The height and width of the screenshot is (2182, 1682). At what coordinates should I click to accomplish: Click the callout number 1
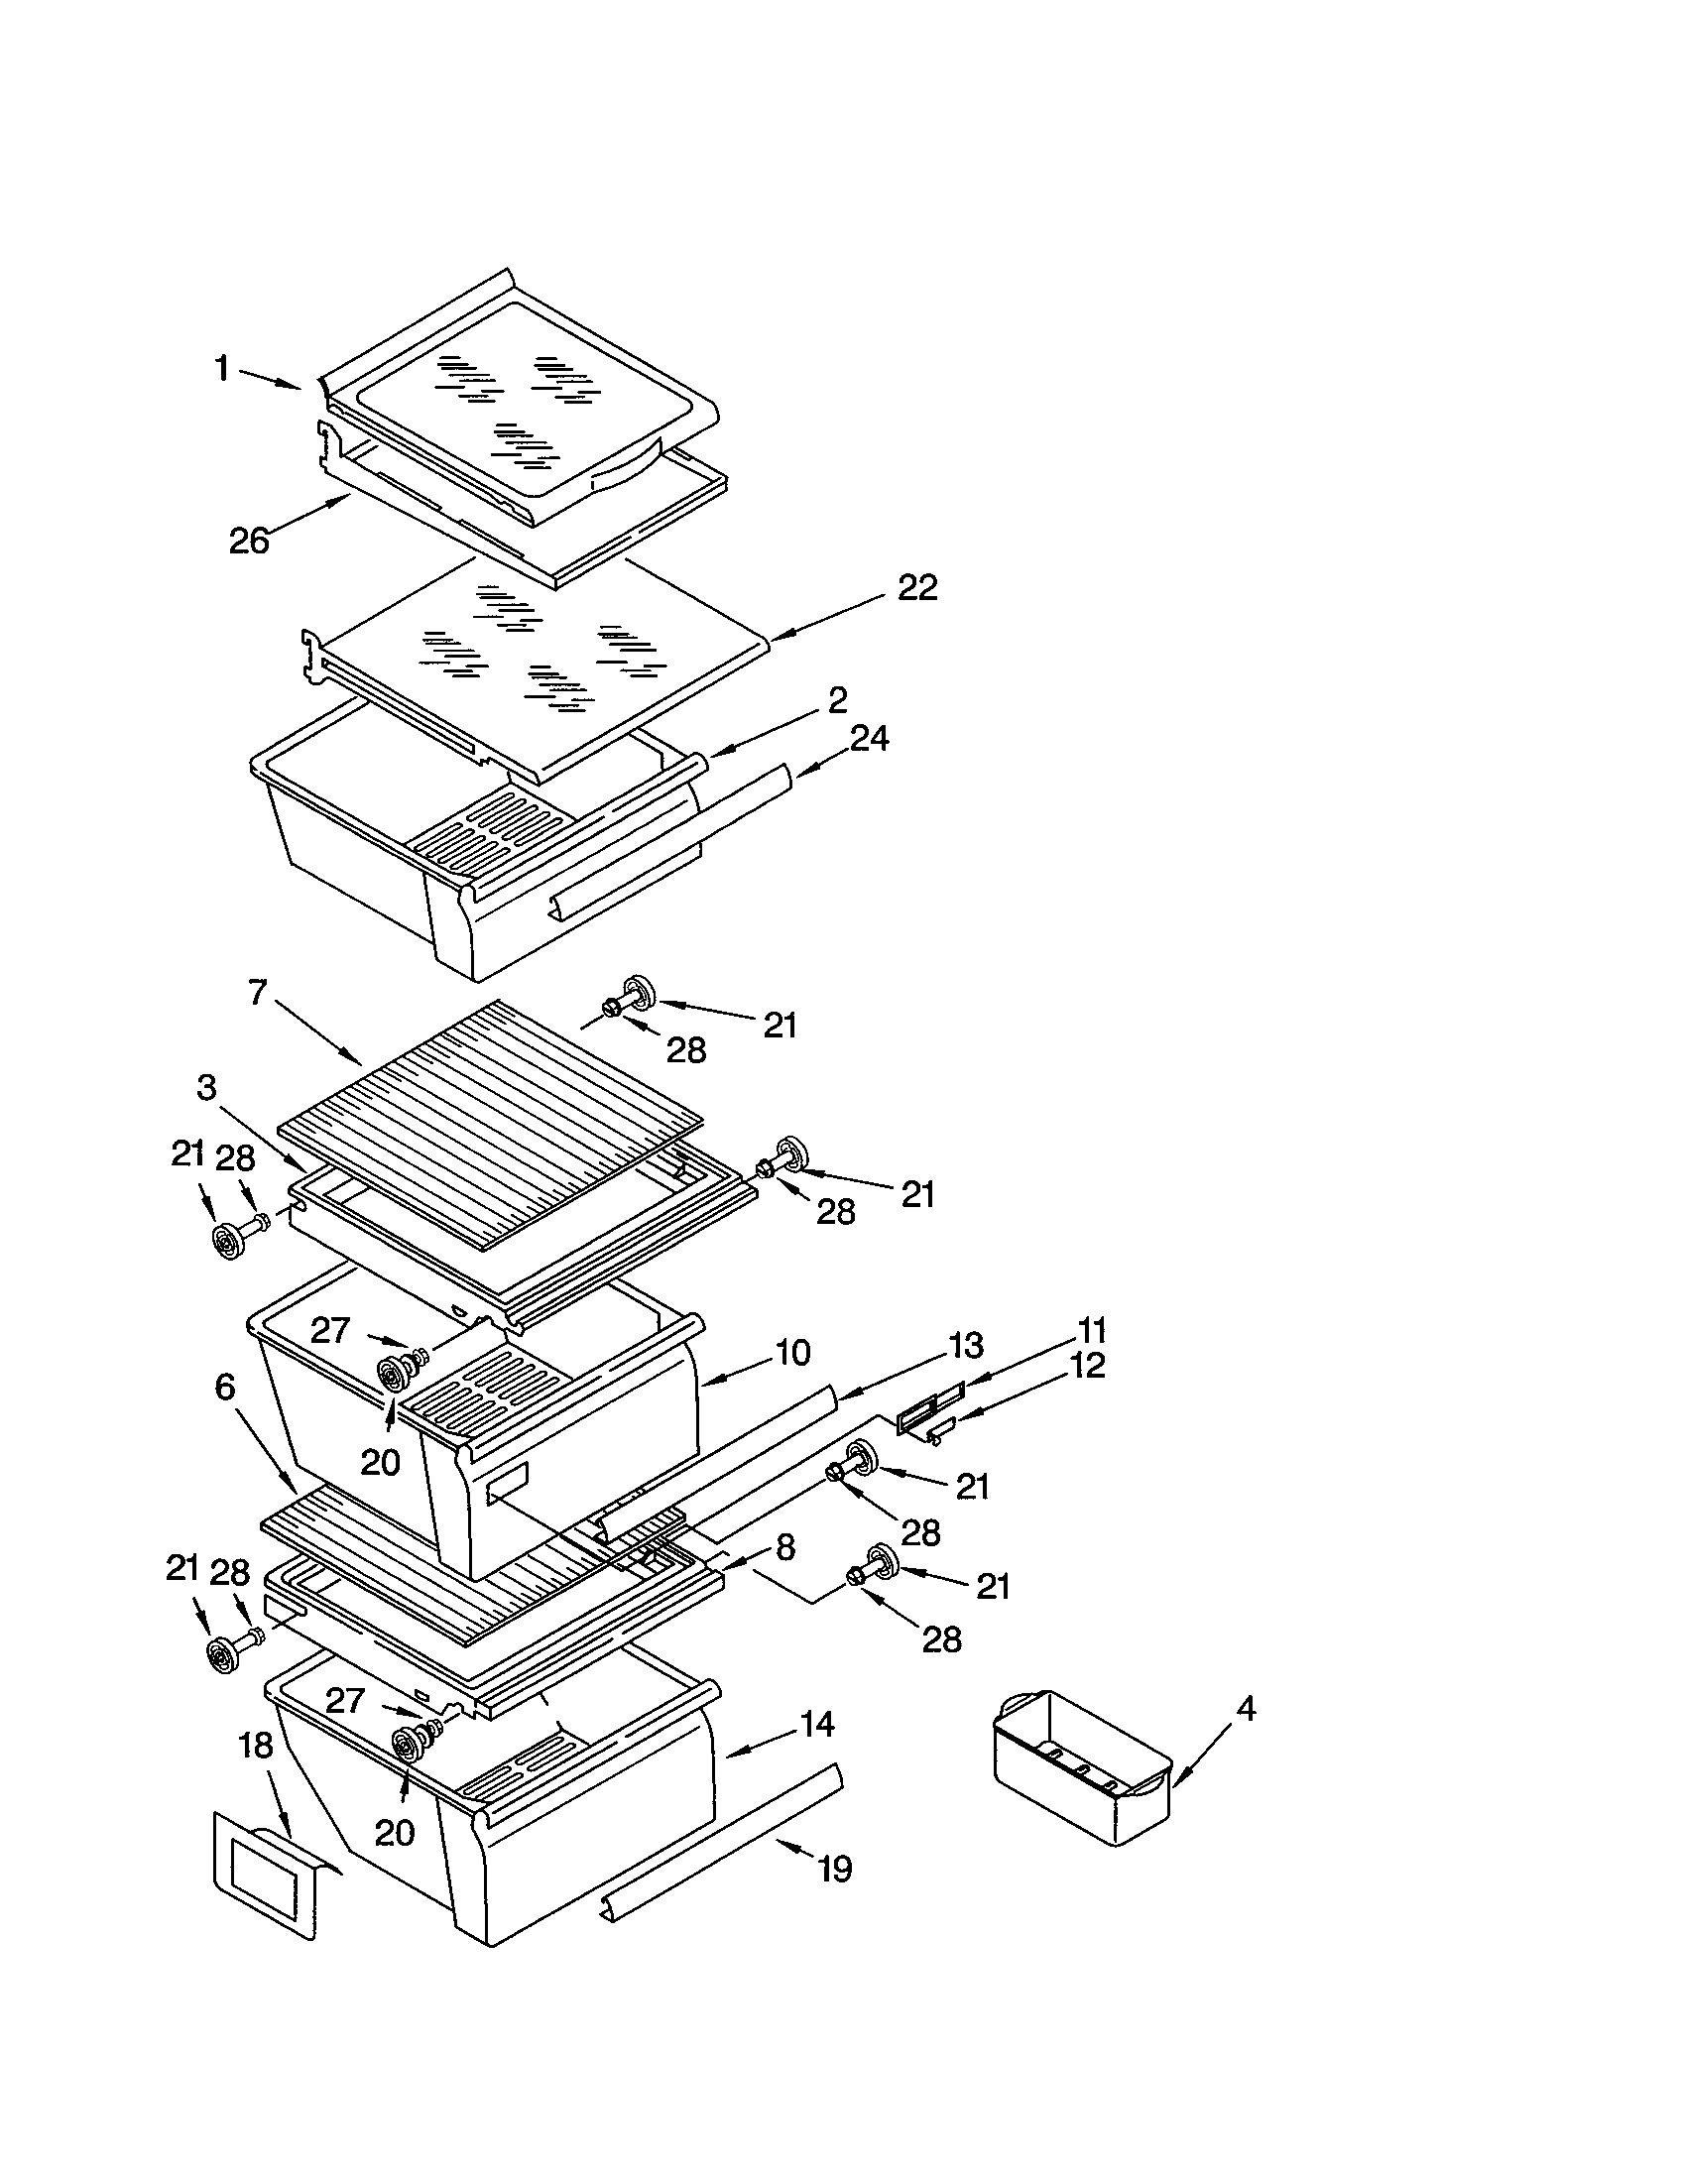click(x=222, y=369)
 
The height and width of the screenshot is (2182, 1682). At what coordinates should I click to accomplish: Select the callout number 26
click(x=249, y=541)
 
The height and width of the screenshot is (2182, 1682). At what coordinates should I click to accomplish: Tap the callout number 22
click(x=917, y=587)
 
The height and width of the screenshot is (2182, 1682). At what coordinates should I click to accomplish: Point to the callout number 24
click(x=869, y=738)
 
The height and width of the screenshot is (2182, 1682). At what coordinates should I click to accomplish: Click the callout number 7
click(x=258, y=993)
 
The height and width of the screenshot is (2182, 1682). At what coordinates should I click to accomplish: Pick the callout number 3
click(x=206, y=1088)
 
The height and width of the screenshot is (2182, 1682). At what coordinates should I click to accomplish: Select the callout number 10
click(x=792, y=1354)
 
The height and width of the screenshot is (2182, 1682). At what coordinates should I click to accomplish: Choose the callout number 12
click(x=1088, y=1366)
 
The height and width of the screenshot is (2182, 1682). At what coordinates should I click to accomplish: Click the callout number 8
click(x=785, y=1547)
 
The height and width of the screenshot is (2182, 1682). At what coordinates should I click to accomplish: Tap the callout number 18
click(x=256, y=1746)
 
